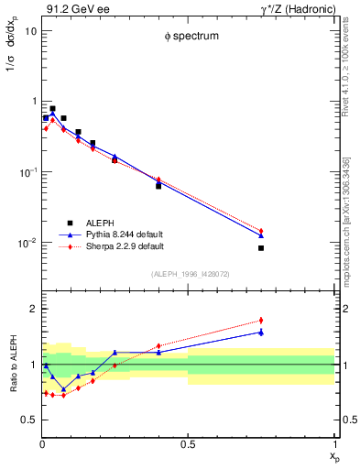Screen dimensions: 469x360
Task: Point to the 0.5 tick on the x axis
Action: click(x=188, y=445)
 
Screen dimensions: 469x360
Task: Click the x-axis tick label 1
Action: click(x=333, y=445)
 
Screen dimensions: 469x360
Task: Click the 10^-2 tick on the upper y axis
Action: click(x=27, y=243)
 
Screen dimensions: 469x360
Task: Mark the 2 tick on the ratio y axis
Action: click(x=33, y=309)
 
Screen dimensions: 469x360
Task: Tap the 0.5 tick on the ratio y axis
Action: click(x=29, y=420)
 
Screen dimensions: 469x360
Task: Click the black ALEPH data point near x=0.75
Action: click(x=261, y=248)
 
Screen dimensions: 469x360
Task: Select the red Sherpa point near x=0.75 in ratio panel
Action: click(x=261, y=321)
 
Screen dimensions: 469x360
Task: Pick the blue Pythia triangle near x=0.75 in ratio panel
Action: click(x=261, y=332)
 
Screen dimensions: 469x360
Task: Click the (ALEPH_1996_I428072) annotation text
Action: click(x=188, y=274)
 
